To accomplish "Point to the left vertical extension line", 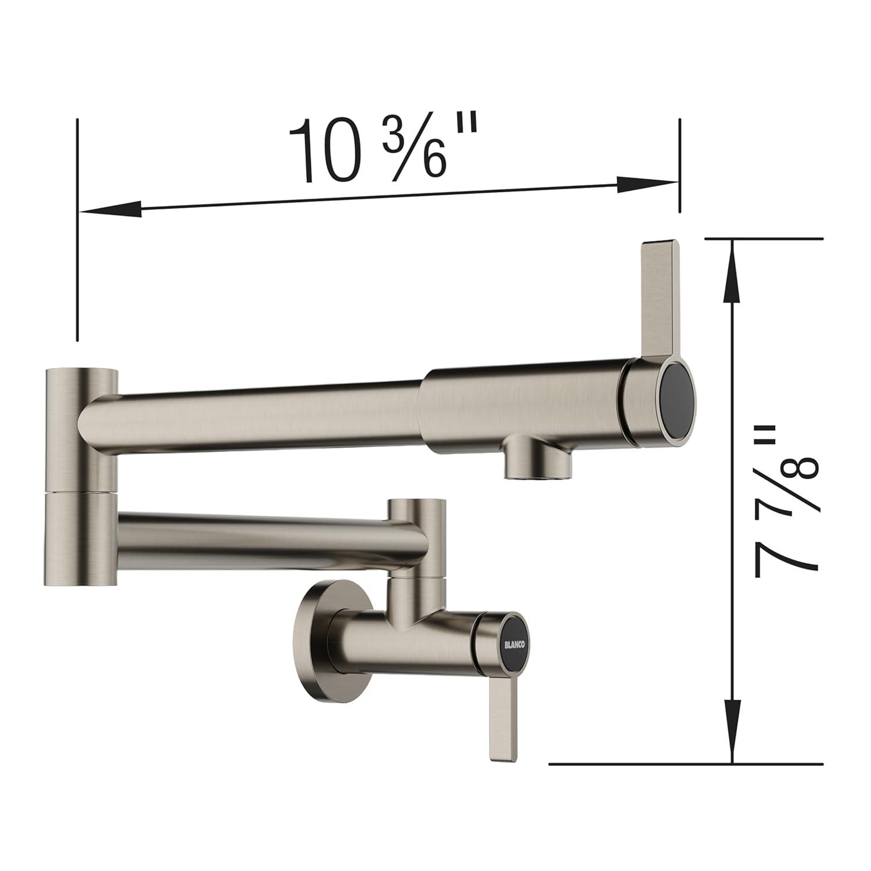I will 77,232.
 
